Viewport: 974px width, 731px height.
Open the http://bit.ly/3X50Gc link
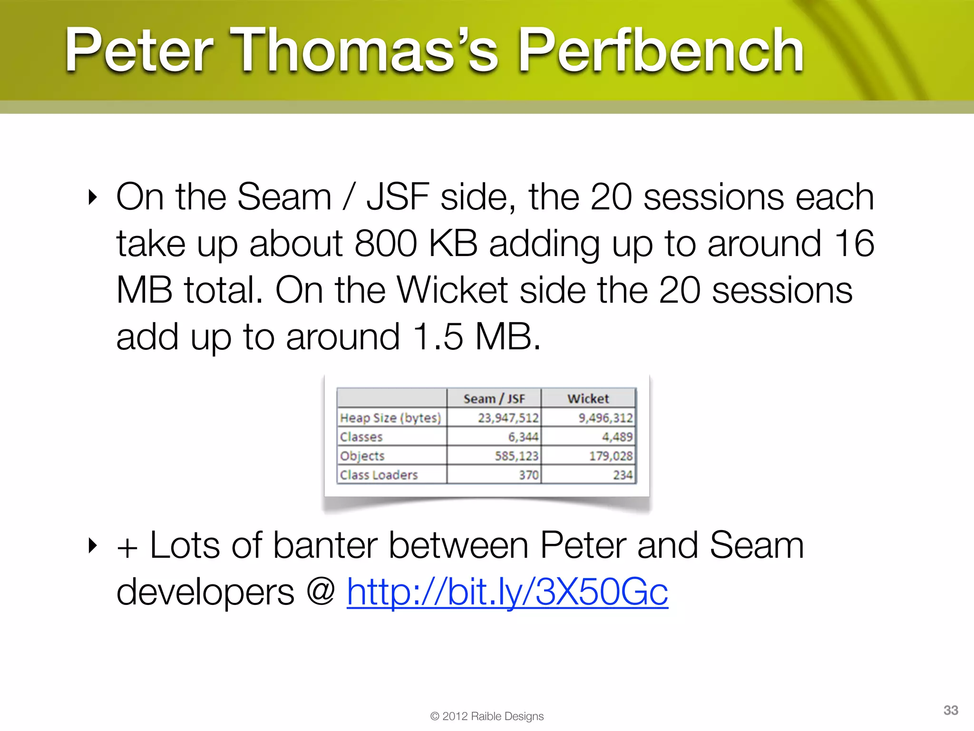point(507,592)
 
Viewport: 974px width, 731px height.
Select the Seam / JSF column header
point(494,398)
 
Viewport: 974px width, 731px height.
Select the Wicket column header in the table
point(588,398)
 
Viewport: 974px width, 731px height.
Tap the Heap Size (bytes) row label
point(390,418)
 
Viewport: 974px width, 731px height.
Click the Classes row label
point(361,437)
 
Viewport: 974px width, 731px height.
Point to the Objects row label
point(362,456)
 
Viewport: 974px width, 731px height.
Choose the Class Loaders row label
point(379,475)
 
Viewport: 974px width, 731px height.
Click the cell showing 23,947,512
point(508,418)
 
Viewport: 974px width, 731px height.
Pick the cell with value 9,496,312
point(605,418)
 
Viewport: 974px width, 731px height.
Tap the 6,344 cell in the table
point(523,437)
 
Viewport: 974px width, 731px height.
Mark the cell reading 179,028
point(611,456)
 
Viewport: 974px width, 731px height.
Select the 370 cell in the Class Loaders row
point(528,475)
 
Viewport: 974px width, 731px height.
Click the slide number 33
point(950,710)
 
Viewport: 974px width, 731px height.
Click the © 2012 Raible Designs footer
point(487,716)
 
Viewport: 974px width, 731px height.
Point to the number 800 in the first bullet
point(385,244)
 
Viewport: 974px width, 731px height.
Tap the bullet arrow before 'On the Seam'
point(93,197)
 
